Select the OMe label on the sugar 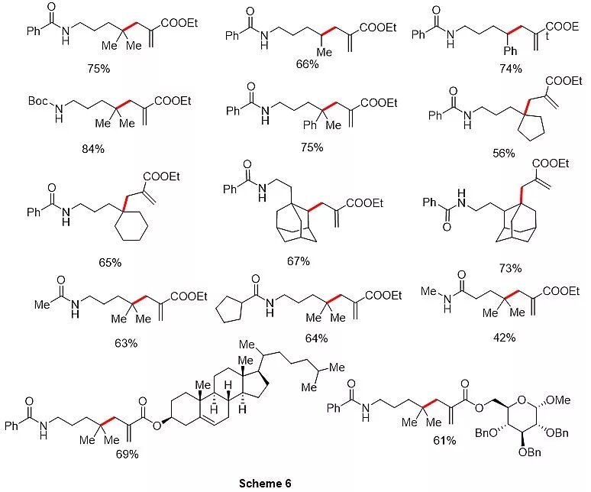560,398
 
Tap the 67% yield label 298,261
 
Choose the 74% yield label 509,69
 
